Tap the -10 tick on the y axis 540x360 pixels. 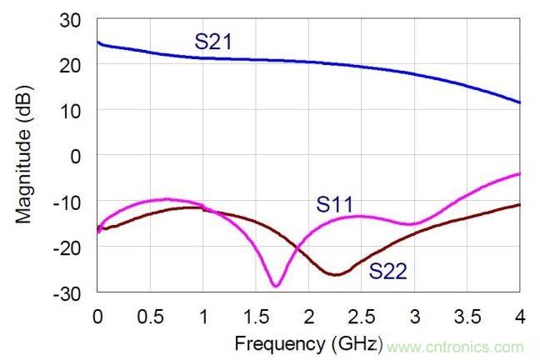pyautogui.click(x=69, y=201)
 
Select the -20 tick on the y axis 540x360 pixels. pyautogui.click(x=69, y=247)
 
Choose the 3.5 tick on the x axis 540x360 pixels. pyautogui.click(x=467, y=317)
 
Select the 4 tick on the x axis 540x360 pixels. pyautogui.click(x=520, y=317)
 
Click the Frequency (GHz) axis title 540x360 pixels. pyautogui.click(x=309, y=342)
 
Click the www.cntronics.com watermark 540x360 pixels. pyautogui.click(x=455, y=347)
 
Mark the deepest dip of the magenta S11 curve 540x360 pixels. pyautogui.click(x=276, y=286)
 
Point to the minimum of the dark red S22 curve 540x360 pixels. pyautogui.click(x=336, y=274)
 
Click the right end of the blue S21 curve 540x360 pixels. pyautogui.click(x=520, y=102)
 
